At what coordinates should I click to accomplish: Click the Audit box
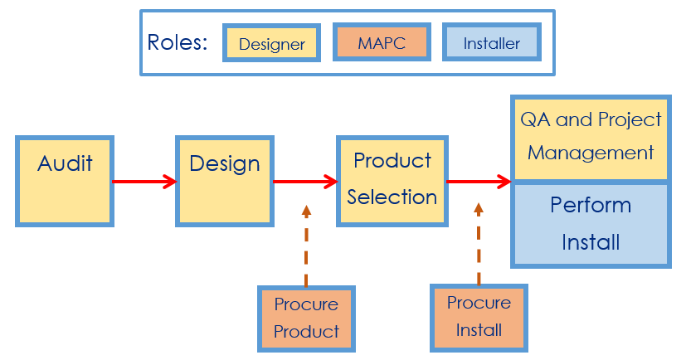click(x=65, y=181)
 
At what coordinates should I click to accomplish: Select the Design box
click(x=225, y=181)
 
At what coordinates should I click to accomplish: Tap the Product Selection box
click(x=392, y=181)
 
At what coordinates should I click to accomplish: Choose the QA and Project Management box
click(x=591, y=139)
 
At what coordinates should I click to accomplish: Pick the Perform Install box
click(x=591, y=225)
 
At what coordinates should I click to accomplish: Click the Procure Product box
click(x=306, y=319)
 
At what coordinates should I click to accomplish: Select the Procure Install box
click(x=479, y=318)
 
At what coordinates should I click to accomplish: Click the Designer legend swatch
click(x=272, y=43)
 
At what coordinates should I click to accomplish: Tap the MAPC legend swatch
click(x=382, y=42)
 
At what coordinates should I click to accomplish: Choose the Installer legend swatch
click(x=492, y=42)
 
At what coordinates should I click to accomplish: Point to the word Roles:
click(x=178, y=42)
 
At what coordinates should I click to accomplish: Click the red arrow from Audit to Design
click(x=144, y=182)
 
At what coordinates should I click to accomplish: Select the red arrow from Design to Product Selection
click(x=305, y=182)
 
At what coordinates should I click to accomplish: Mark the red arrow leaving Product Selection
click(x=479, y=181)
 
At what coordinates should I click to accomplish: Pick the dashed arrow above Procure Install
click(x=479, y=244)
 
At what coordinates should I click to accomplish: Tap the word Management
click(x=591, y=153)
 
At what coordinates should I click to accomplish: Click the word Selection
click(x=392, y=197)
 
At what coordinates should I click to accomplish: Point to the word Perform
click(x=591, y=205)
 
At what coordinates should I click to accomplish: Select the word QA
click(x=535, y=119)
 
